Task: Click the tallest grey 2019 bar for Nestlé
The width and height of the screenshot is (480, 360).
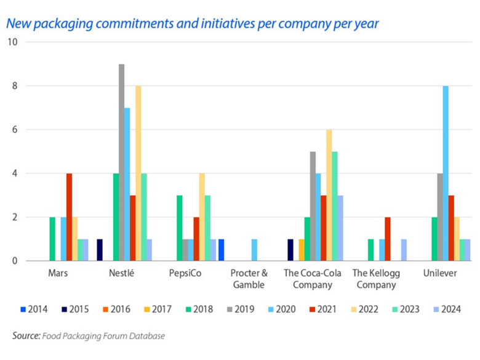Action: [x=122, y=162]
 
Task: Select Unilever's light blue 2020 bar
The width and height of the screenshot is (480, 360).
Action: [x=445, y=174]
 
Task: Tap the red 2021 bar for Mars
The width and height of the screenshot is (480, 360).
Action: [x=69, y=217]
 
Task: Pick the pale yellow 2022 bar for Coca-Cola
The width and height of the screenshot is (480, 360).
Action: [x=329, y=195]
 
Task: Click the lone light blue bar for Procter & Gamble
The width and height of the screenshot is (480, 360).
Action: [x=254, y=250]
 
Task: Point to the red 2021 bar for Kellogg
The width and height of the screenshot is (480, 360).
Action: [x=387, y=239]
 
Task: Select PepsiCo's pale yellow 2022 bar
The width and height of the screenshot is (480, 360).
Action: [x=202, y=217]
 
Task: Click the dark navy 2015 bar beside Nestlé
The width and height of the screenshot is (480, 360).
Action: [x=100, y=250]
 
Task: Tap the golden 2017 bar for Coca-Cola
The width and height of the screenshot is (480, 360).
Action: [x=302, y=250]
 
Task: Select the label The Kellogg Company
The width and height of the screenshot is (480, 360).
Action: [x=374, y=279]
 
